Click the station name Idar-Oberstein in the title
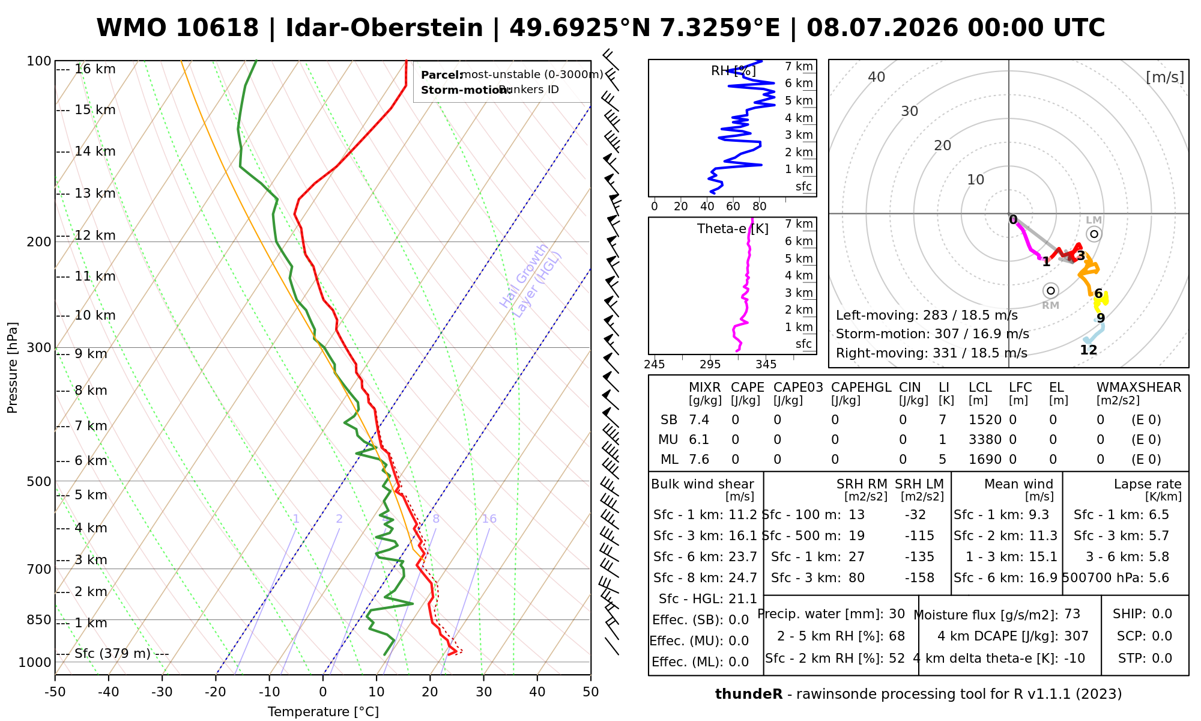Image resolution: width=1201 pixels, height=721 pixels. coord(384,28)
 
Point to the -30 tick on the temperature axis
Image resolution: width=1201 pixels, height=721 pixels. coord(162,692)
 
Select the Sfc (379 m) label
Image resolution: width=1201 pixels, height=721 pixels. coord(113,654)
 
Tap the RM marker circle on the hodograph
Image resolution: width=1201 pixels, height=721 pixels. coord(1050,291)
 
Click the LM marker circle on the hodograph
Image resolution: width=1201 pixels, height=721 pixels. coord(1094,234)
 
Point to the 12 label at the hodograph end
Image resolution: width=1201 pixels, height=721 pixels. coord(1089,350)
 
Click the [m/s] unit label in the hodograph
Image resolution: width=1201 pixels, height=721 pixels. coord(1165,78)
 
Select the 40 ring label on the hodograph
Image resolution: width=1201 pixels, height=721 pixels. coord(877,77)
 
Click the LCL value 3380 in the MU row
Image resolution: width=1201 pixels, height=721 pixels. coord(985,440)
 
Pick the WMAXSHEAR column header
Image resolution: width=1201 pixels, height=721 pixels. coord(1139,388)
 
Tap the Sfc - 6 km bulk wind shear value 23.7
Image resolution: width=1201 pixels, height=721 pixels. coord(743,557)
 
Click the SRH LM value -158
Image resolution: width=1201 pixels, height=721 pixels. coord(919,578)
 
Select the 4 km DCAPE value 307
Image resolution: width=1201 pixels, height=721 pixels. coord(1077,636)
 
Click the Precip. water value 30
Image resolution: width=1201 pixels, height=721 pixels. coord(897,614)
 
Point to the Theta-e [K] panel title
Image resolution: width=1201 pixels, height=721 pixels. coord(733,229)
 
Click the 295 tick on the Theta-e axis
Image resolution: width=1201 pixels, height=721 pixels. coord(710,365)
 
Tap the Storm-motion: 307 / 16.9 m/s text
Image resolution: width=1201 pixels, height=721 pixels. coord(933,334)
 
